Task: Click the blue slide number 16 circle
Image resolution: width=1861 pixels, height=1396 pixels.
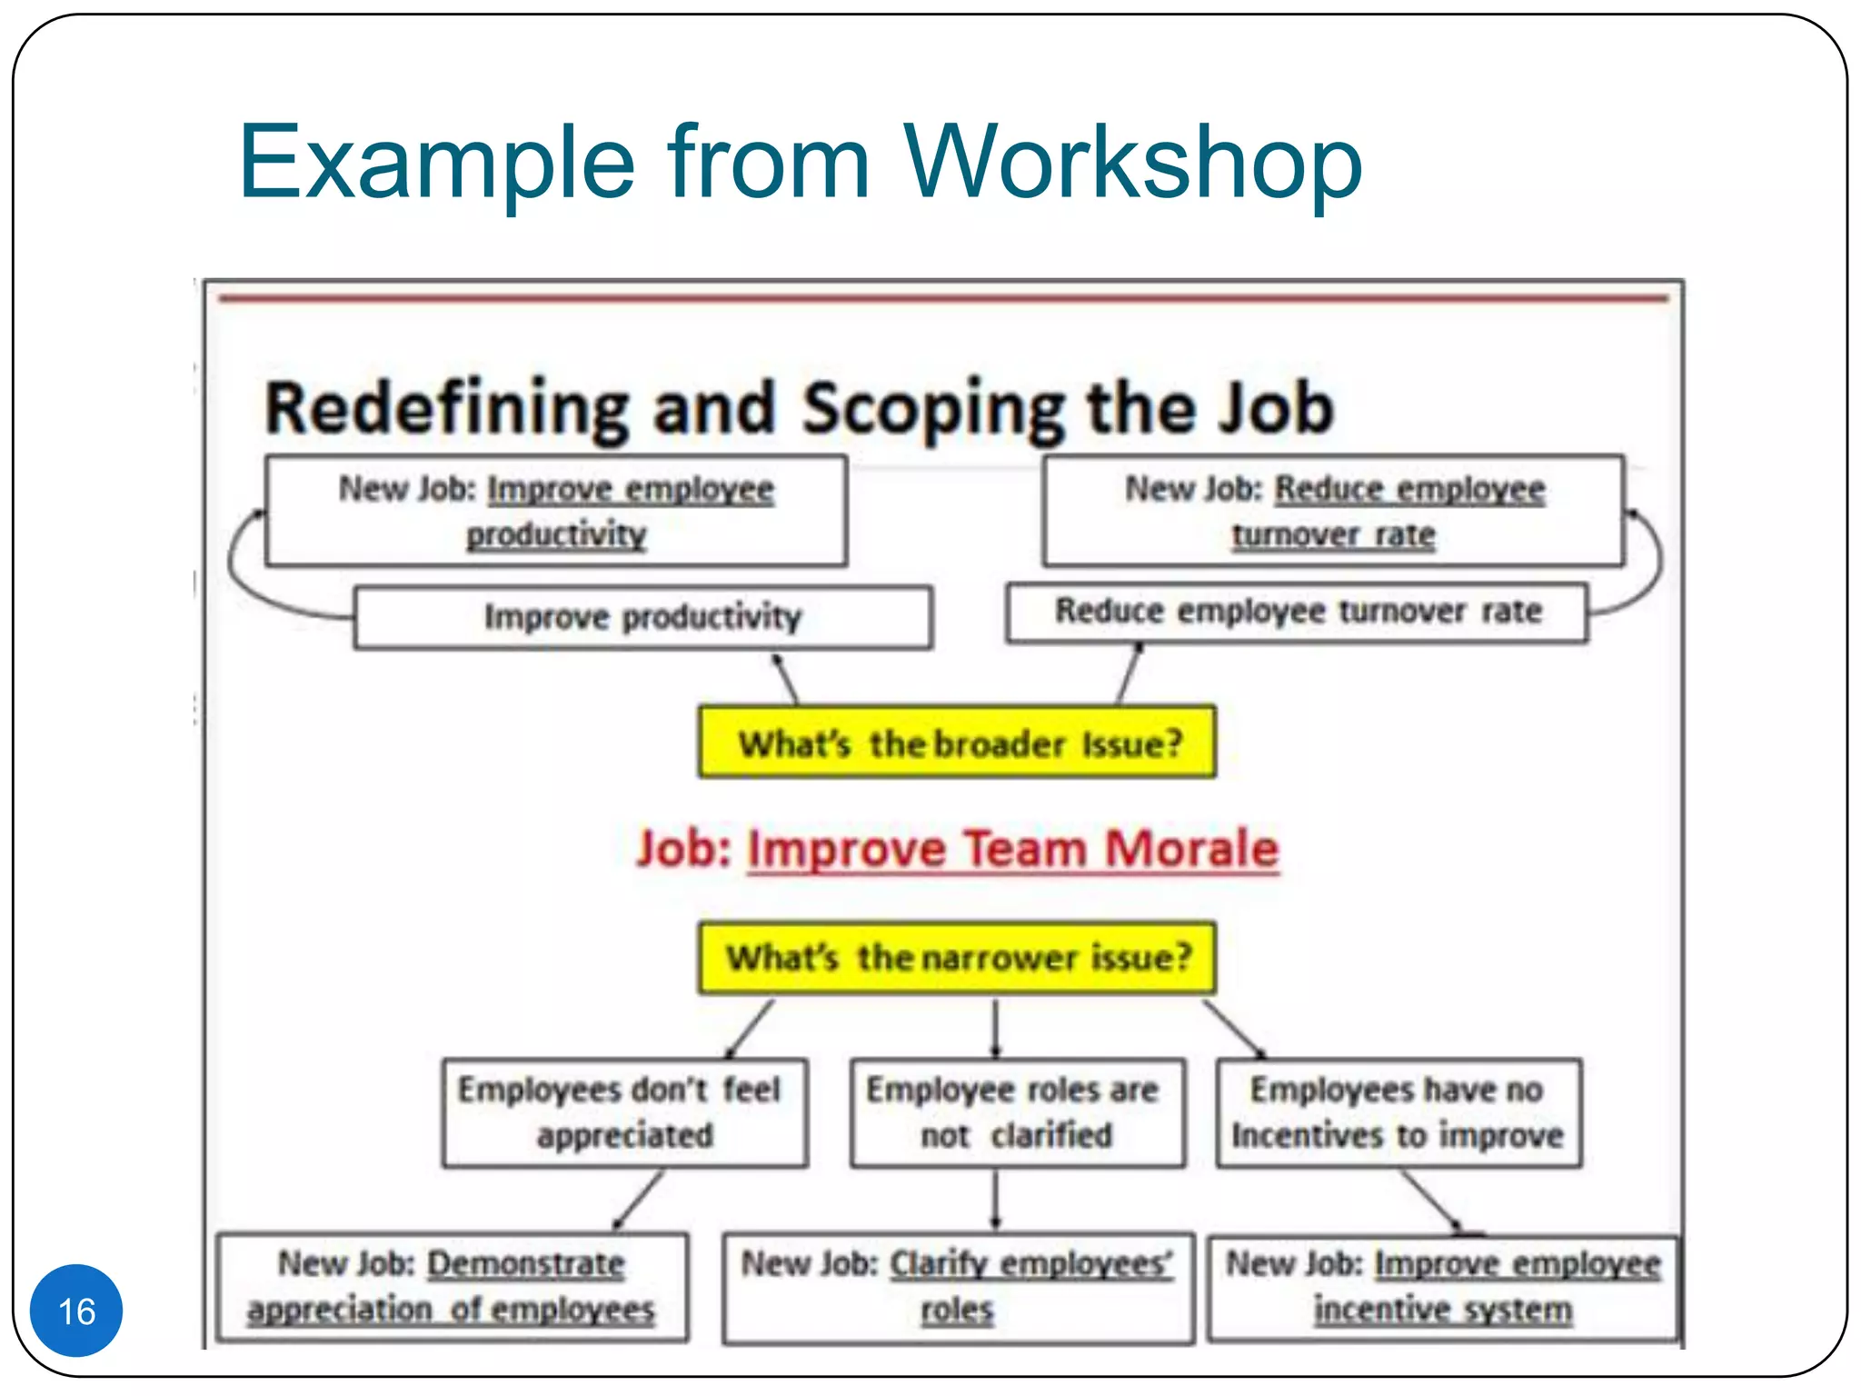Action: click(x=76, y=1310)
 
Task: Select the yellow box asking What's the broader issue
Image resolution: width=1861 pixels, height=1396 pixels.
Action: click(x=957, y=743)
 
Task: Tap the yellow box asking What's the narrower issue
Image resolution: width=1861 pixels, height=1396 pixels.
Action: click(x=957, y=958)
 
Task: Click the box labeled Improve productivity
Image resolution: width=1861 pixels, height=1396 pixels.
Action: click(x=642, y=617)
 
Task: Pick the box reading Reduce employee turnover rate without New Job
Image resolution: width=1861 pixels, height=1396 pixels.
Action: click(x=1298, y=612)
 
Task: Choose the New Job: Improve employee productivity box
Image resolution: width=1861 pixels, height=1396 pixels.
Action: click(x=556, y=511)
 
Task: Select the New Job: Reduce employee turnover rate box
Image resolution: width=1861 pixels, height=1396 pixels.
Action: click(x=1334, y=511)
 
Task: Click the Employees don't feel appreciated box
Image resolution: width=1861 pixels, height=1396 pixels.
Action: click(x=624, y=1112)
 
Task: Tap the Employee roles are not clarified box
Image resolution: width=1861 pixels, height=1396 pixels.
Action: click(x=1017, y=1112)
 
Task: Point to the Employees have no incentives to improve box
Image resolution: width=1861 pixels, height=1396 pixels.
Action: click(x=1398, y=1112)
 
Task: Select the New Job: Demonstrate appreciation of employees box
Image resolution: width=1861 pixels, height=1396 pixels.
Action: click(x=452, y=1287)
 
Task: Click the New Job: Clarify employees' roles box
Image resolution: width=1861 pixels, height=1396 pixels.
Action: click(x=958, y=1287)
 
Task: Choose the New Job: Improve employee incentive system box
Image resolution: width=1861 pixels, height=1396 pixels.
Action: click(x=1443, y=1287)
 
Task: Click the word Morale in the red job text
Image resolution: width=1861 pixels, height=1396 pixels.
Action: click(x=1191, y=849)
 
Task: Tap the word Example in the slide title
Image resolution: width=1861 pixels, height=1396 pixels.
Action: click(x=436, y=163)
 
